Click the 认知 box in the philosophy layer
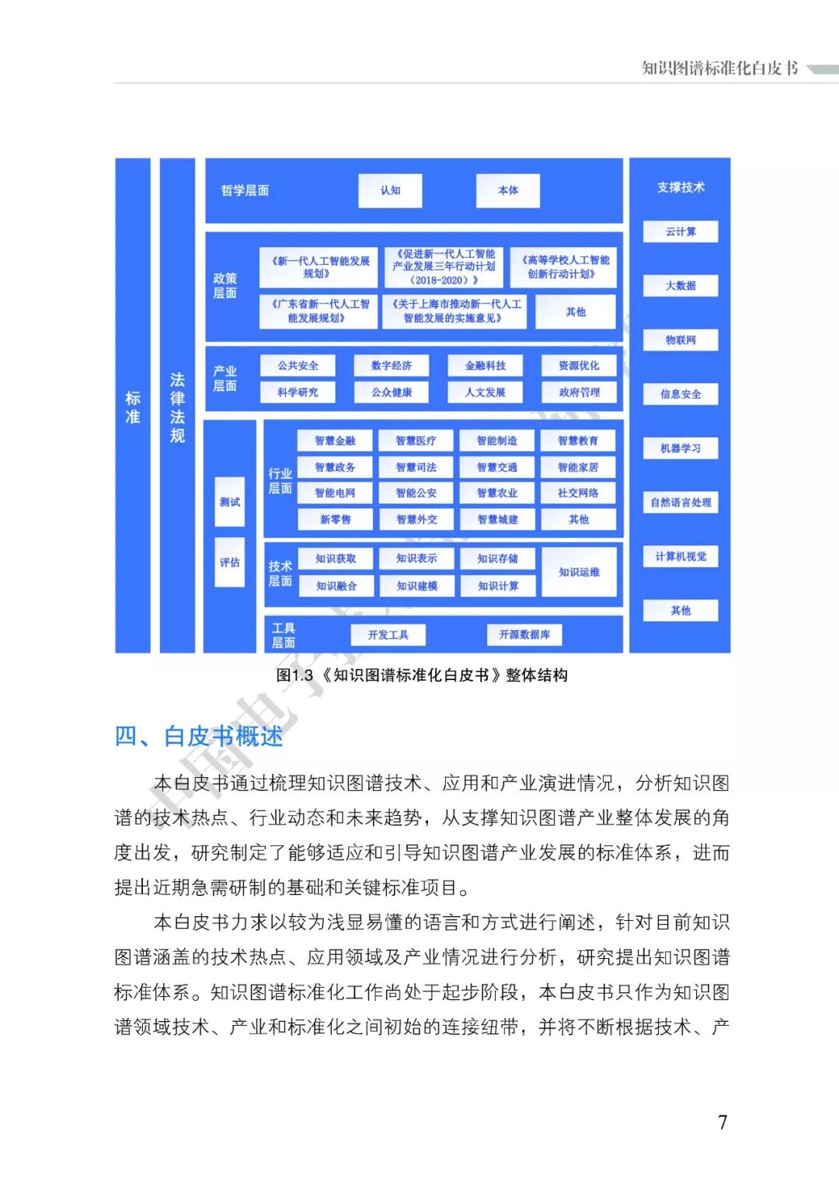tap(390, 190)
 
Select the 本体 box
tap(508, 190)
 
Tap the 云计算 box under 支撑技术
tap(681, 232)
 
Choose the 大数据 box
tap(681, 285)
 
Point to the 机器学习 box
tap(681, 448)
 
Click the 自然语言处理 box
tap(681, 503)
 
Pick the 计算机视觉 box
tap(681, 556)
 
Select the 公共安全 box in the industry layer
tap(298, 365)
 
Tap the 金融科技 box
tap(486, 365)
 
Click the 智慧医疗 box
tap(416, 441)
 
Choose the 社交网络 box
tap(579, 493)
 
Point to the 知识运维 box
tap(580, 572)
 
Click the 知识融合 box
tap(336, 586)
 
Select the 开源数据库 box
tap(524, 635)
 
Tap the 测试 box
tap(230, 502)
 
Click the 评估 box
tap(230, 562)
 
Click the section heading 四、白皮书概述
tap(199, 736)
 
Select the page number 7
tap(722, 1122)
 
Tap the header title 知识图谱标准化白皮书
tap(719, 68)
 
